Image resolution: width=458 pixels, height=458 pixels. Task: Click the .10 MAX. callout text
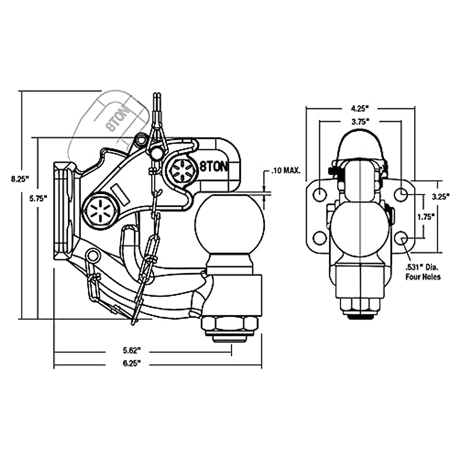[x=286, y=171]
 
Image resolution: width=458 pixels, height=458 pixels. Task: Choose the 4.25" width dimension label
[x=360, y=109]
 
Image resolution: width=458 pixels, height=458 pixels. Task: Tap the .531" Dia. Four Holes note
[x=423, y=273]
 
